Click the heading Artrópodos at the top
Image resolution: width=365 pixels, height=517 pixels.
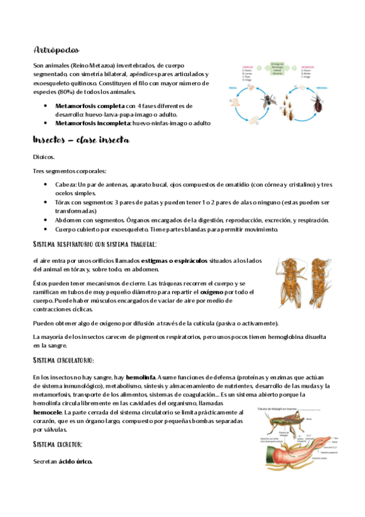(x=56, y=50)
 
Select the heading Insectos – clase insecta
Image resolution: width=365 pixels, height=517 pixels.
(x=82, y=140)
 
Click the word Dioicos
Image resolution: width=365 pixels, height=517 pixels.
(x=44, y=157)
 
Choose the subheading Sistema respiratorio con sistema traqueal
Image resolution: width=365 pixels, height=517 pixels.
(x=95, y=244)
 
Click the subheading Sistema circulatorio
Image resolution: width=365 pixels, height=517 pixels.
(x=63, y=360)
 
